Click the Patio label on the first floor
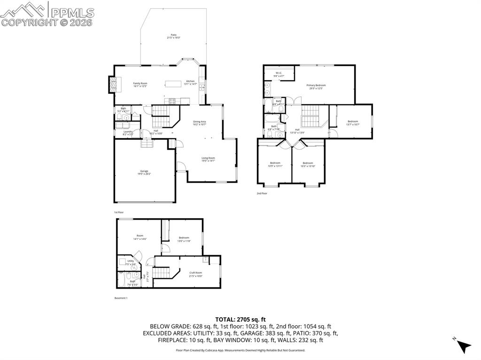click(x=173, y=37)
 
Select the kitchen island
click(x=173, y=84)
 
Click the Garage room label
click(x=144, y=172)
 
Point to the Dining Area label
click(x=200, y=123)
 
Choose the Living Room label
click(x=208, y=159)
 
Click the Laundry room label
click(x=128, y=133)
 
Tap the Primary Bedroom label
click(x=316, y=86)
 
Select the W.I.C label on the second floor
click(x=278, y=74)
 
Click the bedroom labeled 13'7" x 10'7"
click(x=352, y=123)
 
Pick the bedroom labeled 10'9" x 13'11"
click(x=275, y=164)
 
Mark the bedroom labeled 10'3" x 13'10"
click(x=308, y=164)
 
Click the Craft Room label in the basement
click(x=195, y=274)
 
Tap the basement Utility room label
click(x=131, y=262)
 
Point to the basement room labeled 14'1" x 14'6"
click(x=140, y=237)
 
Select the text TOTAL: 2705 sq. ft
click(x=240, y=319)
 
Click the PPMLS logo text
click(x=72, y=13)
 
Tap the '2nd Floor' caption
click(x=262, y=193)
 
